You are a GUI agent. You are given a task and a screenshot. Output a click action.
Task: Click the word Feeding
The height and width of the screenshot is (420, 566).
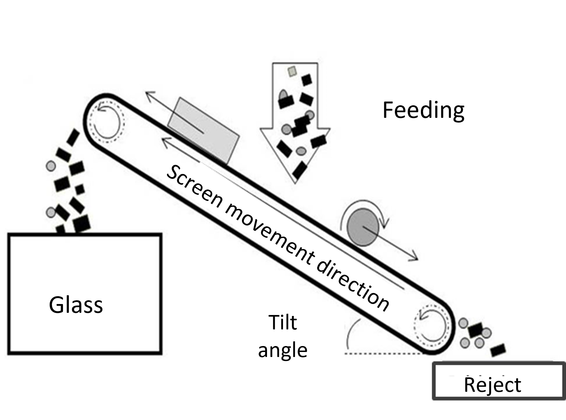423,110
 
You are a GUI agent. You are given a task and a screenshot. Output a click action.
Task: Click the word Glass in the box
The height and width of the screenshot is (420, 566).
76,305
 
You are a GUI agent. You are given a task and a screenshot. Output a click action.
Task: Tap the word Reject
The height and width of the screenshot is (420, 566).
492,385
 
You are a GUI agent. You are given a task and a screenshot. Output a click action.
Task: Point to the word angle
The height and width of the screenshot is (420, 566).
283,350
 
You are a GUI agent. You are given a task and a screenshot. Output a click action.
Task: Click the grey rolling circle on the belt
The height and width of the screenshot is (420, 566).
363,227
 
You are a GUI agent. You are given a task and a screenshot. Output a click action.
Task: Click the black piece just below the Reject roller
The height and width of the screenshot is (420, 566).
498,350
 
